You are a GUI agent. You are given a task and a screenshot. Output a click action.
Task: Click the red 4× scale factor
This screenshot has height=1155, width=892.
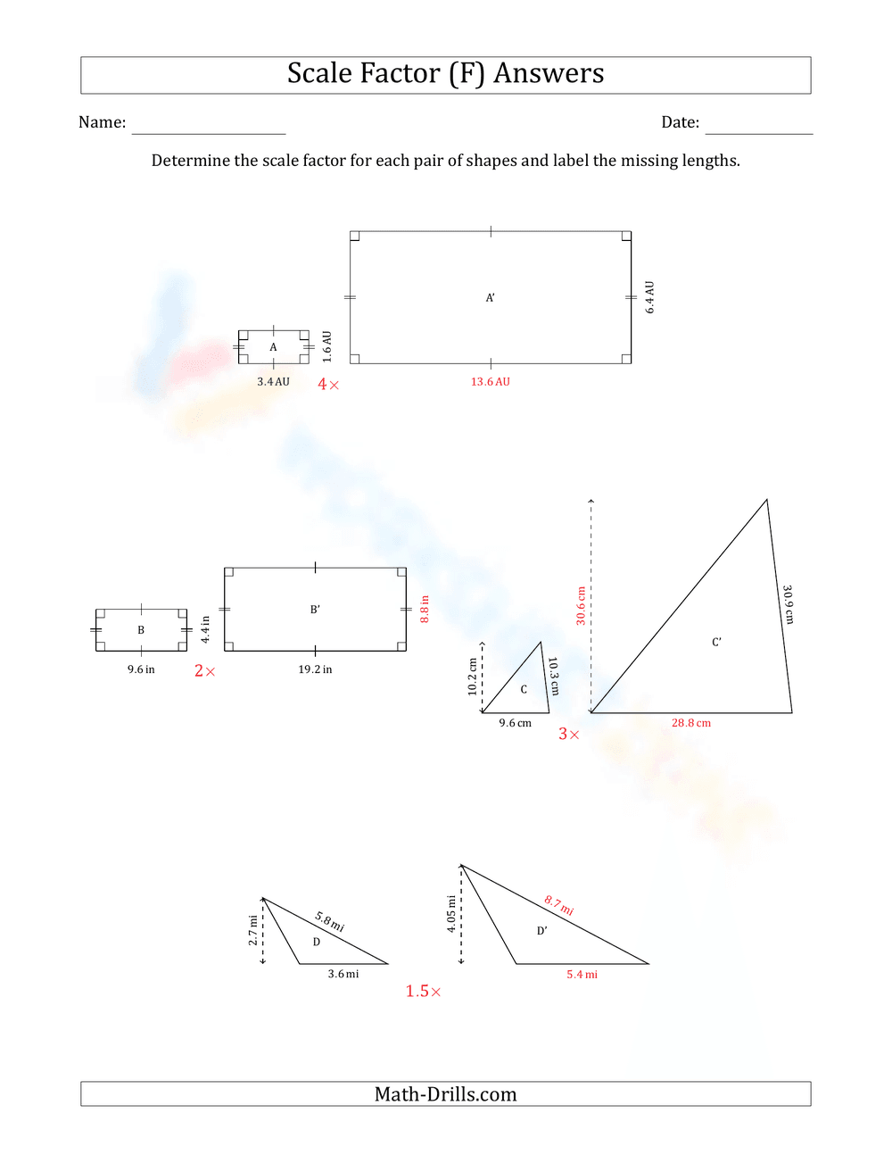(x=328, y=385)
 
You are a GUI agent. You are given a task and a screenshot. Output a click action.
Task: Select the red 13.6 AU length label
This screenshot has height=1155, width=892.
(x=491, y=382)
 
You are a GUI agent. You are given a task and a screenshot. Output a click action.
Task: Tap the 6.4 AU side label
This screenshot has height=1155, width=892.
(x=649, y=297)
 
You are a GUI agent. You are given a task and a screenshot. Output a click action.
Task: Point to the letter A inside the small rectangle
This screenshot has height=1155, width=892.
(x=273, y=347)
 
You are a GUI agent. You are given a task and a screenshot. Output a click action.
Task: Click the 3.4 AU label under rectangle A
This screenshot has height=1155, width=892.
(x=273, y=382)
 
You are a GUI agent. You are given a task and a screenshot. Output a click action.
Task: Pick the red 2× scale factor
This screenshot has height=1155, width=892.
(x=204, y=671)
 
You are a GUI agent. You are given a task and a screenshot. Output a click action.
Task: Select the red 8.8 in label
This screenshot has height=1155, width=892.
(x=425, y=610)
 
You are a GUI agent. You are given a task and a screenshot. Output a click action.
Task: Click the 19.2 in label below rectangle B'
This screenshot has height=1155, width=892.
(x=315, y=669)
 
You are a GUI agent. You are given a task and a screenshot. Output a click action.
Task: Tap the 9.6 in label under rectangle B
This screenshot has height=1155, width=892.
(x=141, y=669)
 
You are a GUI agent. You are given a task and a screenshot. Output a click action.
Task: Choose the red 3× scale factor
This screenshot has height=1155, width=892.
(x=568, y=735)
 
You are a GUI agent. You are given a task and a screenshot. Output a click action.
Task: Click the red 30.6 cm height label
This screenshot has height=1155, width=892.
(x=581, y=606)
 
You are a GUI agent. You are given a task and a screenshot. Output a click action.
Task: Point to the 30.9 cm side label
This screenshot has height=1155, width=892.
(x=789, y=605)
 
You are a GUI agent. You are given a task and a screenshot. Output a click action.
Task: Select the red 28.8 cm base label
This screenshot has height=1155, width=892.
(x=691, y=724)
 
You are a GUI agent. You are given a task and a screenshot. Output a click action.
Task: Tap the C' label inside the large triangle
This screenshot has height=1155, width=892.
(x=716, y=643)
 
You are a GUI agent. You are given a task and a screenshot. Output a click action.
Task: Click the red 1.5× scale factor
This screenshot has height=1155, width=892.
(x=423, y=992)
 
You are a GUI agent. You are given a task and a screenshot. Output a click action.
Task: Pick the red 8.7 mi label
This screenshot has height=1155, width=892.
(x=559, y=906)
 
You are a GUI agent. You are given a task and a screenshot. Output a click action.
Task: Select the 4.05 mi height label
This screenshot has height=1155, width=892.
(x=451, y=915)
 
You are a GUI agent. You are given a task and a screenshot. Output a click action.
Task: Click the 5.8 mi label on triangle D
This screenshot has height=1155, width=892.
(x=329, y=922)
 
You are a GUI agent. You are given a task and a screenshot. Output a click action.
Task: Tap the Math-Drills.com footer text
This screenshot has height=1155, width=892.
(x=445, y=1094)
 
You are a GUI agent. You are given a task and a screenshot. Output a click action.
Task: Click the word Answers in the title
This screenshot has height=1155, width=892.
(x=549, y=73)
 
